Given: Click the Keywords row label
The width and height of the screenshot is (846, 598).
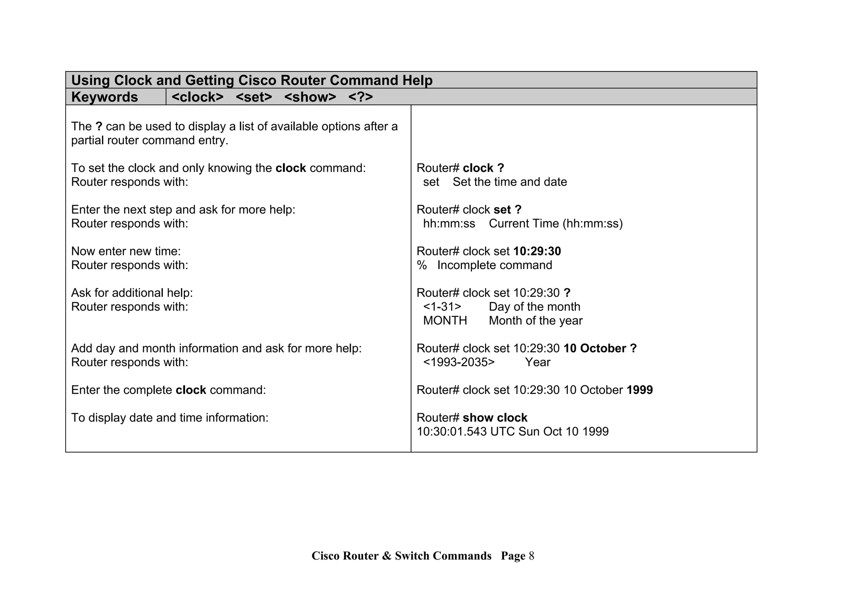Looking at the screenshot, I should coord(105,97).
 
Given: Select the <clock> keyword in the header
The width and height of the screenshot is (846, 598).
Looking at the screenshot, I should coord(197,97).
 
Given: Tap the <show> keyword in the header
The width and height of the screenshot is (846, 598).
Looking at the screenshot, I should coord(310,97).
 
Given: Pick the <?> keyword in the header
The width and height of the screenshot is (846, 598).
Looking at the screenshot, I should coord(360,97).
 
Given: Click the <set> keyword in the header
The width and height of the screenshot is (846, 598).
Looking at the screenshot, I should coord(254,97).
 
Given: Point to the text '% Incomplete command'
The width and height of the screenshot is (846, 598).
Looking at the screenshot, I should coord(484,265).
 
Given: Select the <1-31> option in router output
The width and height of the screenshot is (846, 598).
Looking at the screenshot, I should coord(442,307).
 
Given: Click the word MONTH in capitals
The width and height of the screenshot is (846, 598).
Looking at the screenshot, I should coord(445,321).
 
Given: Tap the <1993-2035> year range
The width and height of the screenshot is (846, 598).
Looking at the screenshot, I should coord(459,362).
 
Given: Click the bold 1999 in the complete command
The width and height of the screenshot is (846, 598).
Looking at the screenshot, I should coord(639,390).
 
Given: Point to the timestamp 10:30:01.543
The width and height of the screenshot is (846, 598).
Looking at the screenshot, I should coord(452,432).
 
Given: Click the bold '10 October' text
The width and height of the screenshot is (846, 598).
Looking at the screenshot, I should coord(595,348).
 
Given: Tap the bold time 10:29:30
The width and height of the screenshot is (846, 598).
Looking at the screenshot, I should coord(537,251).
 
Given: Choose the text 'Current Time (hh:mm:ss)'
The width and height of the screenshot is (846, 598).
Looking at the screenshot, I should coord(556,224).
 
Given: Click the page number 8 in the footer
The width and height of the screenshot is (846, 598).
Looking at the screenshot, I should coord(531,556).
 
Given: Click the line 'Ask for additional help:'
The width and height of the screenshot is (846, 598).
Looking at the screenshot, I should coord(132,293).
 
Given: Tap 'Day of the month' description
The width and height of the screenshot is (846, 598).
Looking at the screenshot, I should coord(535,307).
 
